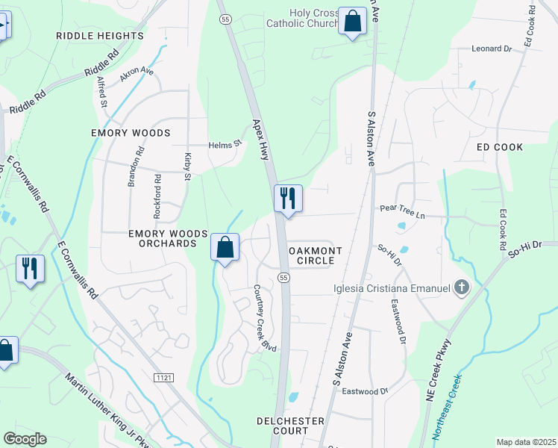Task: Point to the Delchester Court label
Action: click(x=291, y=426)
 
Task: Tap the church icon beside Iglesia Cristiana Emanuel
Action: click(x=462, y=287)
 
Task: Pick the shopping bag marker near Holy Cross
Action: click(x=351, y=22)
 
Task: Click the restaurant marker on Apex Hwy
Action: click(x=288, y=199)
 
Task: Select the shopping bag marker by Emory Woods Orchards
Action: click(x=225, y=247)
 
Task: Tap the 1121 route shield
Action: click(x=165, y=379)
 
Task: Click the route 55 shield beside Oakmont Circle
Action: click(x=283, y=277)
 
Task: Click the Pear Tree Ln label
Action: click(x=401, y=215)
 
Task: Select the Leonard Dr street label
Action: click(x=492, y=49)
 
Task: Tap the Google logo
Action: click(x=25, y=438)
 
